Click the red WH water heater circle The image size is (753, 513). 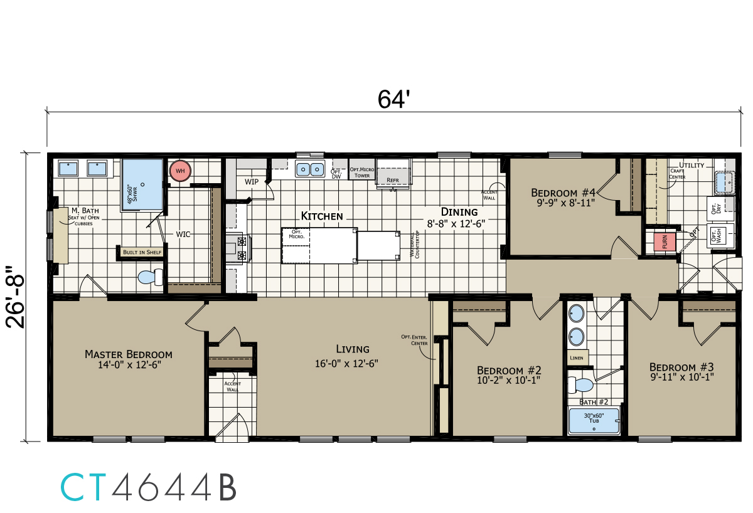pos(180,171)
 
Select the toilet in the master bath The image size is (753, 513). pos(151,277)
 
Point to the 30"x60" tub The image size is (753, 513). pos(593,420)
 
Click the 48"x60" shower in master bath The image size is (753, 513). pos(142,182)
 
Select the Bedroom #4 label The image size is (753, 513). pos(563,193)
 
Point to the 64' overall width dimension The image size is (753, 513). pos(393,99)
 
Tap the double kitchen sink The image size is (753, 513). pos(309,169)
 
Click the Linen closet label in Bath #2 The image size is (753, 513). pos(576,357)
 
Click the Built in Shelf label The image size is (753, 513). pos(141,252)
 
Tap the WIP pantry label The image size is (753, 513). pos(252,182)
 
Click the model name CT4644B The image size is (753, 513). pos(148,487)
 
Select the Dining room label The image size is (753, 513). pos(459,212)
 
